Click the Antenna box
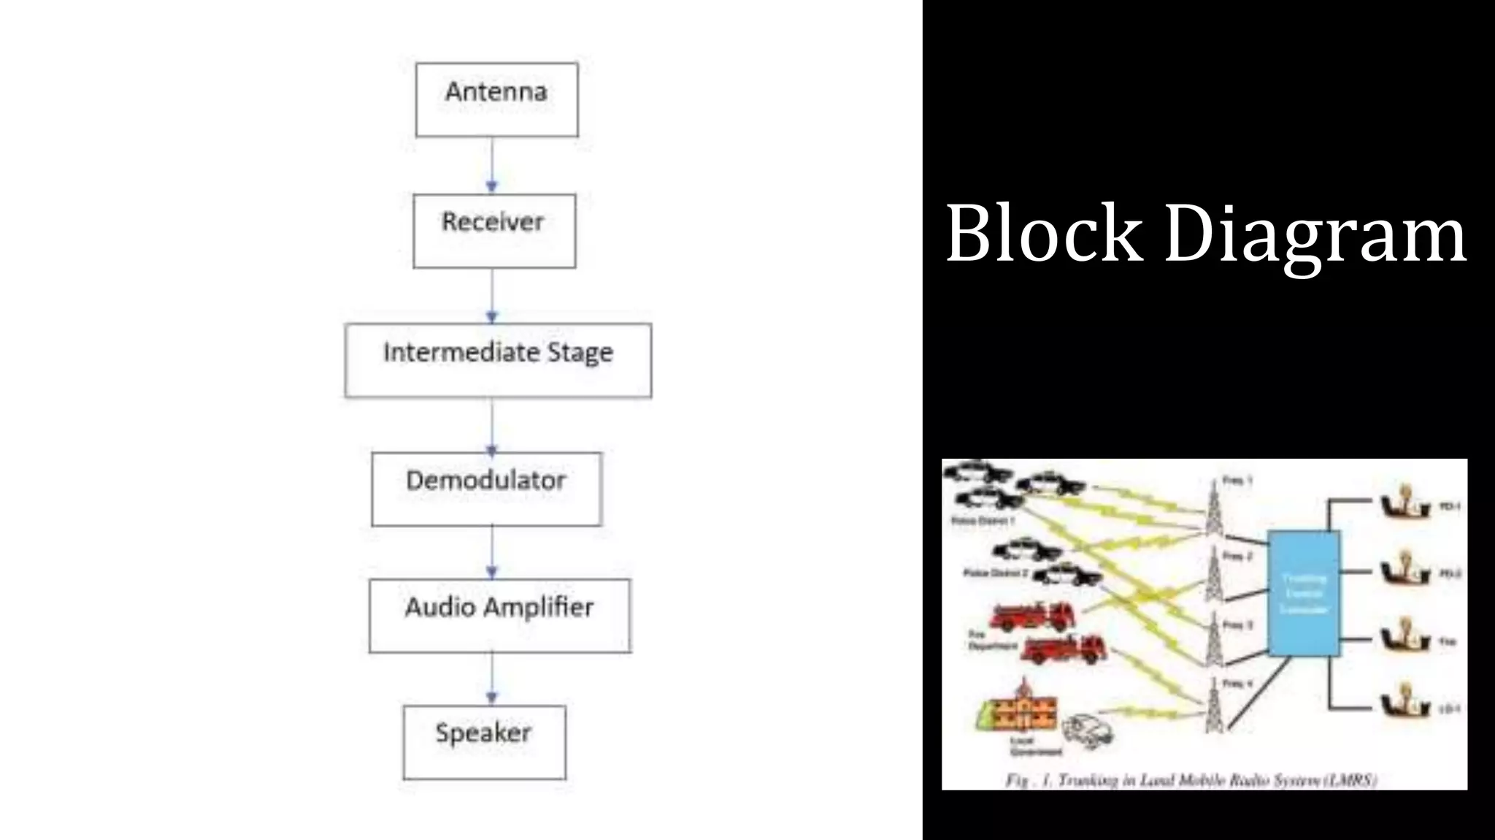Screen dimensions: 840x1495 (x=496, y=99)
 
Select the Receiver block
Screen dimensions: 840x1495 (x=494, y=230)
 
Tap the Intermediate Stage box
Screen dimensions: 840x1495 (x=498, y=360)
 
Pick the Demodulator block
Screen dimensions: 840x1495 (x=486, y=489)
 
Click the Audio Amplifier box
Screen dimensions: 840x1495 (x=499, y=615)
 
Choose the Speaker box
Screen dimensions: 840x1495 (x=484, y=741)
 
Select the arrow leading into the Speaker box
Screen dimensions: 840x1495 (x=492, y=679)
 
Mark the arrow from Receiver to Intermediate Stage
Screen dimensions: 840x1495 (x=492, y=296)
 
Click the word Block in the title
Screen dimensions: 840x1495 (x=1044, y=234)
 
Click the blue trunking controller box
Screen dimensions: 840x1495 (x=1304, y=593)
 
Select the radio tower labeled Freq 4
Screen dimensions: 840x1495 (x=1212, y=706)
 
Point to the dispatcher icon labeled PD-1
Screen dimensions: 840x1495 (x=1403, y=504)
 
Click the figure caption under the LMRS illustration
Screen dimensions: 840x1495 (x=1191, y=780)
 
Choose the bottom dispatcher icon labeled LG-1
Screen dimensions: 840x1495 (x=1403, y=702)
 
